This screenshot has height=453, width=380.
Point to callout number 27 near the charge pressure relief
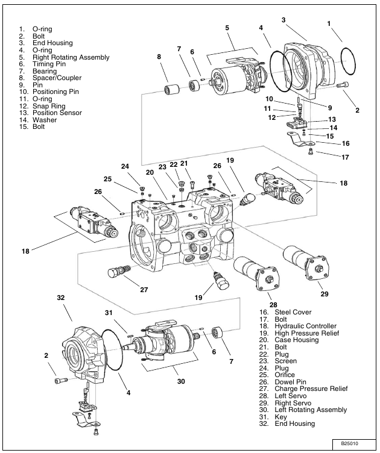(x=144, y=289)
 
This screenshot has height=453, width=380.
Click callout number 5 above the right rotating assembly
(x=227, y=28)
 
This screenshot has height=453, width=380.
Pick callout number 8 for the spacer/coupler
(x=159, y=57)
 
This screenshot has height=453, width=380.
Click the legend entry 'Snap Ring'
(x=49, y=106)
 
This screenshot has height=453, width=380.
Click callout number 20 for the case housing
(x=149, y=172)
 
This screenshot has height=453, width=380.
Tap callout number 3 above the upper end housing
(x=283, y=20)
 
